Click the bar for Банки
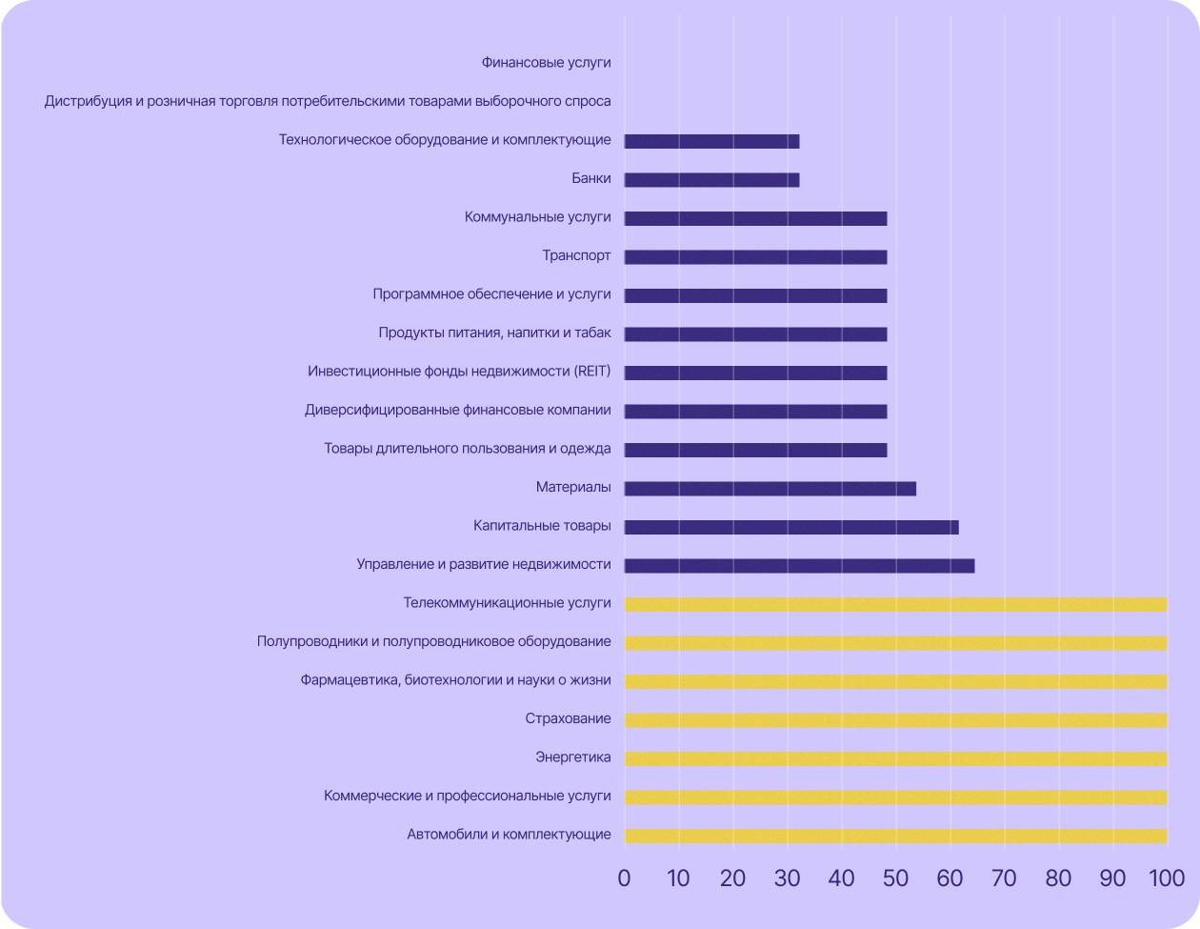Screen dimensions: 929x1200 tap(711, 180)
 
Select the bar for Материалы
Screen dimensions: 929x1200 tap(770, 489)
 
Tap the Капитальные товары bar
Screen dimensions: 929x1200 tap(790, 527)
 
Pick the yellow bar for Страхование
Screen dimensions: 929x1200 tap(895, 720)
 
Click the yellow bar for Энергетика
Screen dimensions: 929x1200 tap(895, 758)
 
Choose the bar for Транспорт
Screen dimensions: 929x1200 tap(755, 257)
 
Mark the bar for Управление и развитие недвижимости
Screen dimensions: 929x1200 tap(799, 566)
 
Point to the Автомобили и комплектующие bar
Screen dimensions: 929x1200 tap(895, 836)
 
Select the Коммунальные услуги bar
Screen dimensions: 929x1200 tap(755, 218)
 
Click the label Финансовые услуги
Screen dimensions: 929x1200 tap(546, 63)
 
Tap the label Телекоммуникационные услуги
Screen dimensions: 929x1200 tap(507, 603)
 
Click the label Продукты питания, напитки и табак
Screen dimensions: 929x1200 tap(494, 333)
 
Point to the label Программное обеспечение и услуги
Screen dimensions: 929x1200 tap(491, 294)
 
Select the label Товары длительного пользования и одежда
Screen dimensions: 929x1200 tap(467, 449)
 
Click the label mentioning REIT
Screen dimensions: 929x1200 tap(459, 372)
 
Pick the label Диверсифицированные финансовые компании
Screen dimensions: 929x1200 tap(457, 411)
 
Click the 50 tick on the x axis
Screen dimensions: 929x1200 tap(895, 879)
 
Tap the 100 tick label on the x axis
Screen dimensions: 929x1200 tap(1166, 879)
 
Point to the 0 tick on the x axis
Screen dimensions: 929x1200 tap(624, 879)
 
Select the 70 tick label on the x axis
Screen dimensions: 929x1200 tap(1004, 879)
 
